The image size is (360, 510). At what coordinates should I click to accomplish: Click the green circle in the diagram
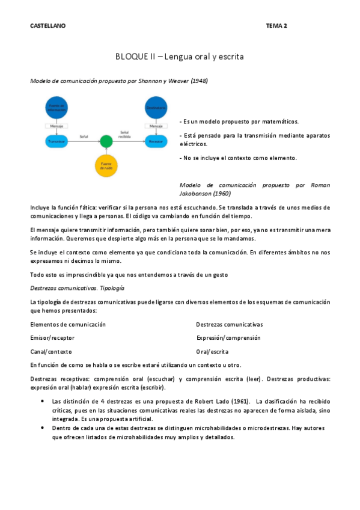click(x=106, y=141)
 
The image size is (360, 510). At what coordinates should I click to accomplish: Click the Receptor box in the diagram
click(x=156, y=142)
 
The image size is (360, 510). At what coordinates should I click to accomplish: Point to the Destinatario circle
click(x=156, y=108)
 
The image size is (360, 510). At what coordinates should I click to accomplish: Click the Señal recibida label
click(x=124, y=134)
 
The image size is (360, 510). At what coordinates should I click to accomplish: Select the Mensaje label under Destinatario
click(x=156, y=126)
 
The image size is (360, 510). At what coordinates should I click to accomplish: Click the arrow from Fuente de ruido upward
click(x=106, y=152)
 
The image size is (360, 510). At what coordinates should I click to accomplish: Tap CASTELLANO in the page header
click(x=48, y=26)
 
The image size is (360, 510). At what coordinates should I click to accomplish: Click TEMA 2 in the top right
click(x=276, y=26)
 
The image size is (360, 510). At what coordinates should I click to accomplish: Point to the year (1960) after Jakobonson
click(x=224, y=194)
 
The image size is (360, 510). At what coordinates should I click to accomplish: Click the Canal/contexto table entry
click(x=51, y=351)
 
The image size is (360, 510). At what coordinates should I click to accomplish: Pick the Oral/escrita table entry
click(x=212, y=351)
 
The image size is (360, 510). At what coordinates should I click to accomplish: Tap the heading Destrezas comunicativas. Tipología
click(x=77, y=288)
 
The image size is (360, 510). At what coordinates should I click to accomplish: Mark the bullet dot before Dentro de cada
click(x=42, y=428)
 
